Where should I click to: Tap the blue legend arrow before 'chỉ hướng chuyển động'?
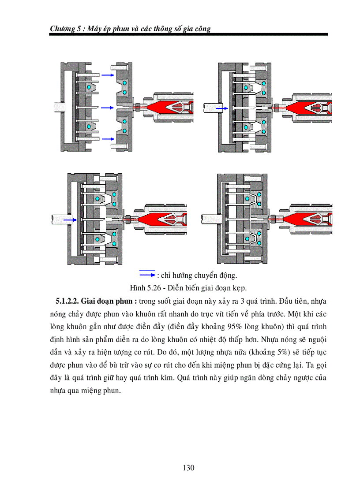(147, 275)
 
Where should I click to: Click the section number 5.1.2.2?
(68, 301)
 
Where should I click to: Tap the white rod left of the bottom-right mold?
(208, 218)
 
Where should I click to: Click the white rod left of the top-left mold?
(57, 107)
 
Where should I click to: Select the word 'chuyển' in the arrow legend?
(203, 275)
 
